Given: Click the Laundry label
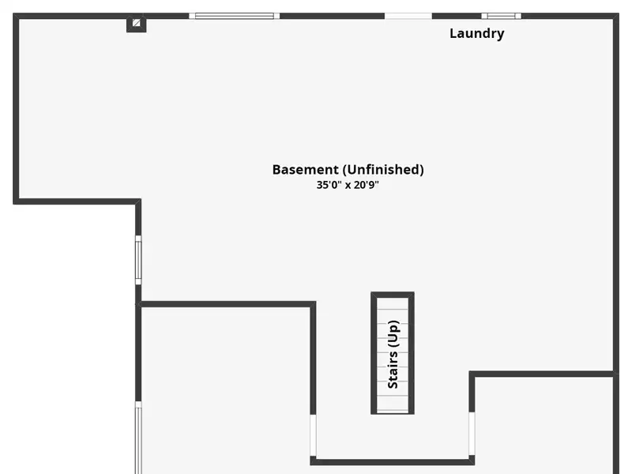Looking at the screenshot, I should point(476,33).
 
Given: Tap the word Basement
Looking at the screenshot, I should point(305,169).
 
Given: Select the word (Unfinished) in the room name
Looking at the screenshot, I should point(383,169).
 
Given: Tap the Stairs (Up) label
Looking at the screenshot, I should point(393,354).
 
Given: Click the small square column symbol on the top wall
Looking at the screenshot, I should point(137,24).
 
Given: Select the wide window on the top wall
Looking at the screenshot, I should point(234,15).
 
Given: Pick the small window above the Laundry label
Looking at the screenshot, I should point(502,15).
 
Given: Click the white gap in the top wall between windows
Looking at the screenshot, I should point(408,15).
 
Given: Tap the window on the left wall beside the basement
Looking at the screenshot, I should point(138,261).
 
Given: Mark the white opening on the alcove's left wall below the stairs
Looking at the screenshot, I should point(314,434).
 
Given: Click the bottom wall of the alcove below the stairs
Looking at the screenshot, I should point(393,461).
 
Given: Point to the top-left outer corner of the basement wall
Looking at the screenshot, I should point(16,15).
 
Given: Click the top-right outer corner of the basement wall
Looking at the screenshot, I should point(615,15).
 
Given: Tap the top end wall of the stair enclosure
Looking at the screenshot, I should point(393,295).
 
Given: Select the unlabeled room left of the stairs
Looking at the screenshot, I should point(225,387).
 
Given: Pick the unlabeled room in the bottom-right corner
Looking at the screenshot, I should point(544,427).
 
